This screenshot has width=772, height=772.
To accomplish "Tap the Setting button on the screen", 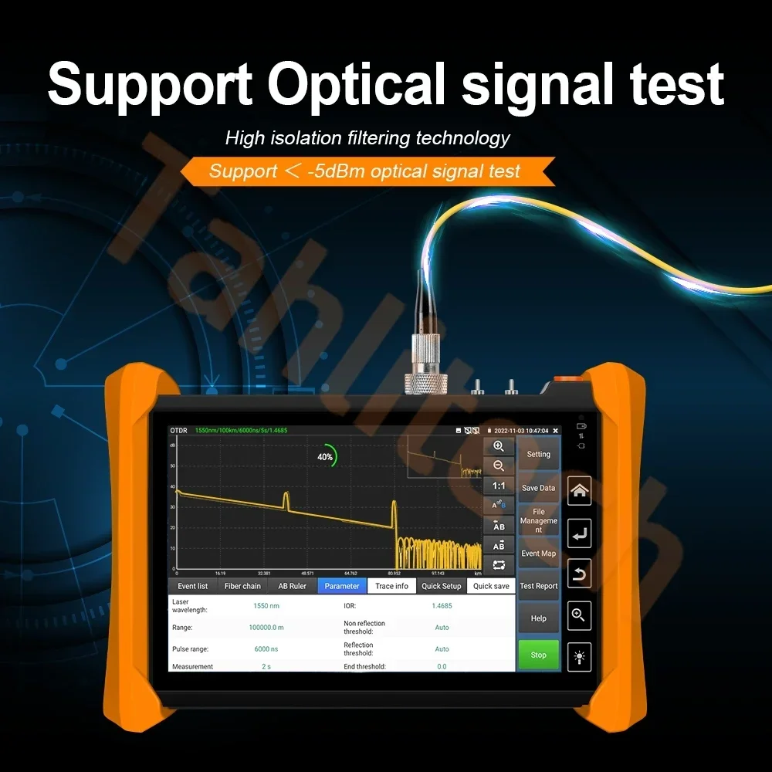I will pos(538,455).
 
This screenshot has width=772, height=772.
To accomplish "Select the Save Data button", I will pos(538,488).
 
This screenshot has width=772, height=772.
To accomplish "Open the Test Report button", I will pos(538,586).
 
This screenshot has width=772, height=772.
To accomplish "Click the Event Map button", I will pos(538,554).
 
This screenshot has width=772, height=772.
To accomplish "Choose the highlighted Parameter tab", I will pos(342,586).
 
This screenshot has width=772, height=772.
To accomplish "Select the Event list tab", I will pos(193,586).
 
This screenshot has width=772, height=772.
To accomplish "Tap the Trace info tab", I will pos(391,586).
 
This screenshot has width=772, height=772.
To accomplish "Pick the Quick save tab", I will pos(491,586).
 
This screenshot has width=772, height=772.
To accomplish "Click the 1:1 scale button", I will pos(499,486).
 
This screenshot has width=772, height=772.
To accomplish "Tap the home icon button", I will pos(580,490).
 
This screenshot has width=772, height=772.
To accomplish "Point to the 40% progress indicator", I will pos(326,456).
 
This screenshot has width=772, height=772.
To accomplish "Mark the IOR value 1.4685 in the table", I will pos(442,606).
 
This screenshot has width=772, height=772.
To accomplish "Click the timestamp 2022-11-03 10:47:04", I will pos(521,431).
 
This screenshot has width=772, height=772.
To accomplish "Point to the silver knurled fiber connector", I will pos(426,363).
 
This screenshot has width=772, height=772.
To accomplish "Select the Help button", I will pos(538,618).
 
